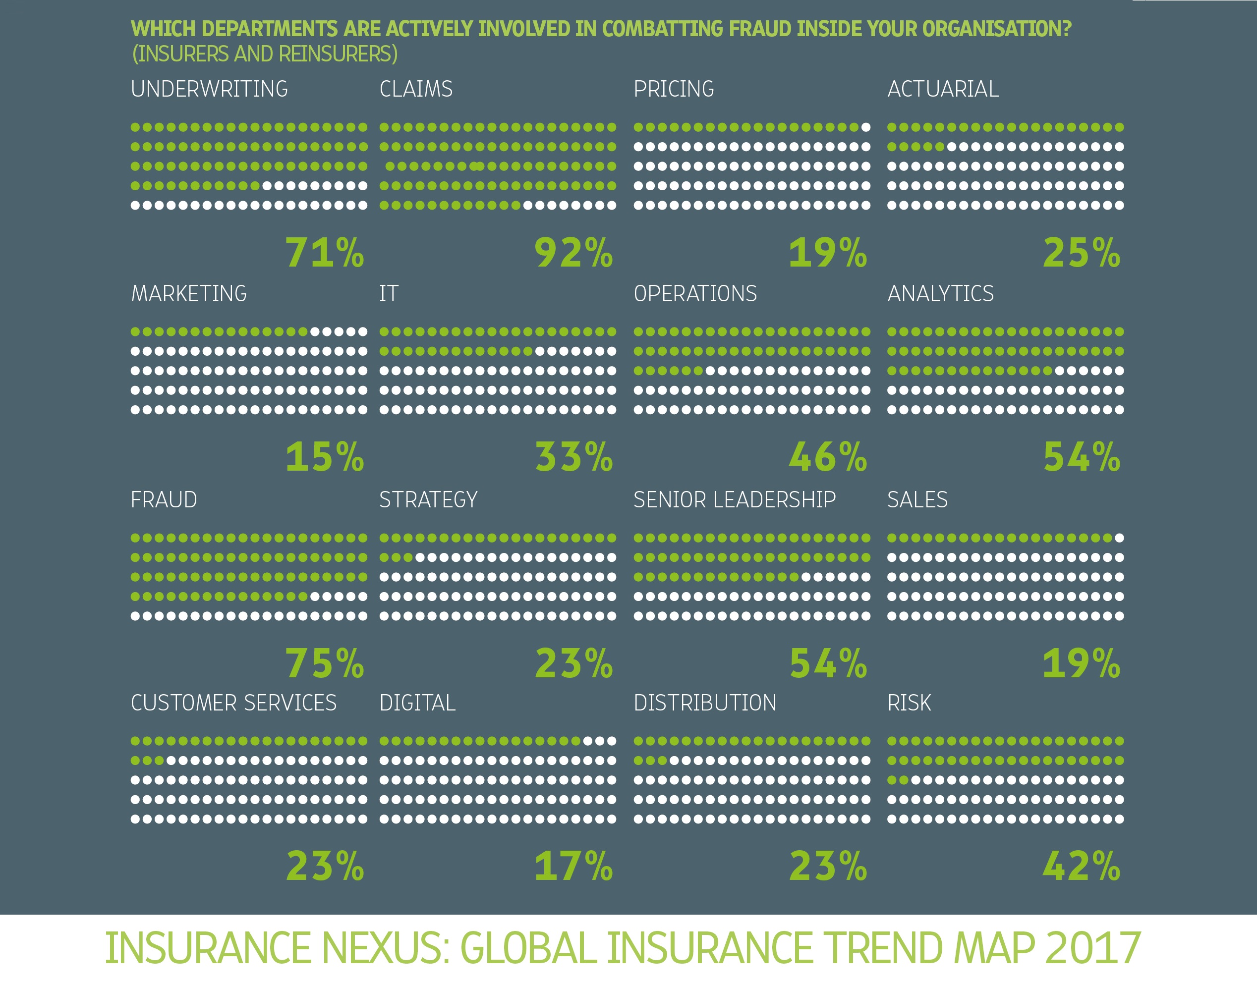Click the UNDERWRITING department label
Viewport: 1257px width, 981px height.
209,89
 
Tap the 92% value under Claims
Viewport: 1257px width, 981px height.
573,253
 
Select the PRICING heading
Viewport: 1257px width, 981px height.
674,89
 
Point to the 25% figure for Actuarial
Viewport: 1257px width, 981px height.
1082,253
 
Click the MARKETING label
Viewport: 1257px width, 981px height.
189,294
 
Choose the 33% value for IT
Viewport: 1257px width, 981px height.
573,457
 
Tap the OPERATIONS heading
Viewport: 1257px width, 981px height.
695,294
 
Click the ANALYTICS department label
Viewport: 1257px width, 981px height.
940,294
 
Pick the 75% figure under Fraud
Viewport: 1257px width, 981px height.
325,663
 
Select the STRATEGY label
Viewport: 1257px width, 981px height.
428,500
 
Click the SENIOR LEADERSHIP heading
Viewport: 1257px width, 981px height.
735,500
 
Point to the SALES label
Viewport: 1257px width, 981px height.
917,500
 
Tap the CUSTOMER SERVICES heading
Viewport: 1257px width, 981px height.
233,703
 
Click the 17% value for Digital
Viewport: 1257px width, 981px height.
573,867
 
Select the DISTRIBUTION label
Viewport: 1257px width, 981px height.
705,703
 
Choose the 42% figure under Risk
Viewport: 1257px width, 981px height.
1082,867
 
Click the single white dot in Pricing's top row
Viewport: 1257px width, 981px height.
865,127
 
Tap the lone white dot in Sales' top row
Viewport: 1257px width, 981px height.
1119,538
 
